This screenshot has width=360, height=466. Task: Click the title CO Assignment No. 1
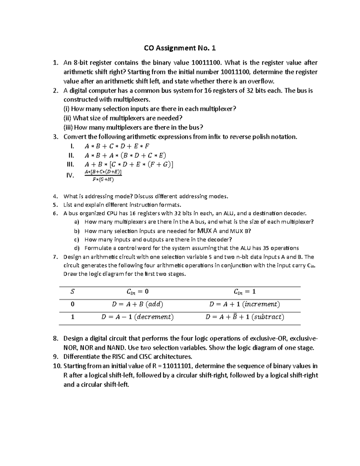coord(180,48)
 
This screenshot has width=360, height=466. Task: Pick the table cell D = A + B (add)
coord(137,304)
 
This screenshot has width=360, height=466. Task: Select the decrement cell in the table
coord(137,317)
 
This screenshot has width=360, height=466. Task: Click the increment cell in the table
coord(244,304)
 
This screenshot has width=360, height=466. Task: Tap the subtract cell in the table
coord(244,317)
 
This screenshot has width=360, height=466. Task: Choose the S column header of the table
coord(72,291)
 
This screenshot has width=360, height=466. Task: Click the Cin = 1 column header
coord(244,292)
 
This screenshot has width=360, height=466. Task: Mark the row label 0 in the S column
coord(72,304)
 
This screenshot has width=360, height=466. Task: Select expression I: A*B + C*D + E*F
coord(117,146)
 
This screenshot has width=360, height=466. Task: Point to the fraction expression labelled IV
coord(103,176)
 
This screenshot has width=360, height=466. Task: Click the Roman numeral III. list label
coord(70,164)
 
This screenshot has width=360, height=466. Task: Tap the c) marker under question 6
coord(76,239)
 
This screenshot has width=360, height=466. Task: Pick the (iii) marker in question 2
coord(68,128)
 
